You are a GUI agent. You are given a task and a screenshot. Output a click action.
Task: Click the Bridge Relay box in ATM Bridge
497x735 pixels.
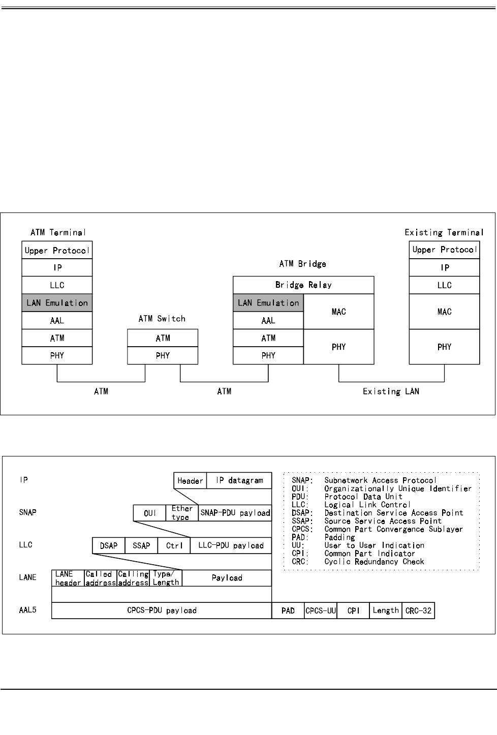click(x=303, y=285)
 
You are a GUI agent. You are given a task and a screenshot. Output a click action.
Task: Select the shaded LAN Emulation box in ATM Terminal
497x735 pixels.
click(x=57, y=302)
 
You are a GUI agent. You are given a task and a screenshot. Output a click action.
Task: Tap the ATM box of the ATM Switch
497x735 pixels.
click(x=163, y=338)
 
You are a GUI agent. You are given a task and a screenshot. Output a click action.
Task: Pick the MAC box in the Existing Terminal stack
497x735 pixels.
click(x=444, y=312)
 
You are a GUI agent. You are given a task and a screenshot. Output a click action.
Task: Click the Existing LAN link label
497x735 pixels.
click(x=391, y=391)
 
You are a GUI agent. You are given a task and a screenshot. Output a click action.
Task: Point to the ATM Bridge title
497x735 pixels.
click(x=302, y=264)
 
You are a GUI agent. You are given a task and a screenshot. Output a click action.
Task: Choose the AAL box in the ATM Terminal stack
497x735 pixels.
click(x=57, y=320)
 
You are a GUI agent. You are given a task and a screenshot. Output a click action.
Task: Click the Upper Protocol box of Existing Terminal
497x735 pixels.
click(x=444, y=250)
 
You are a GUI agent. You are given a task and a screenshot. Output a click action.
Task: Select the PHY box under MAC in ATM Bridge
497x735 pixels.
click(x=338, y=347)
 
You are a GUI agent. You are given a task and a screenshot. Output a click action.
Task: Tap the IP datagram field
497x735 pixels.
click(x=239, y=480)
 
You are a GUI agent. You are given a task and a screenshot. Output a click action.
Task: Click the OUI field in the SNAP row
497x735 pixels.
click(x=149, y=513)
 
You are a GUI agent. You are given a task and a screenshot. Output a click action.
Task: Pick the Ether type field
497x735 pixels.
click(x=182, y=513)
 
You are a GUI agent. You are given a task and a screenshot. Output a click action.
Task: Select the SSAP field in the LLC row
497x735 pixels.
click(x=141, y=545)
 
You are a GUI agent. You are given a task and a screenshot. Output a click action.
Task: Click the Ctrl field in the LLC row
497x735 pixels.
click(x=174, y=545)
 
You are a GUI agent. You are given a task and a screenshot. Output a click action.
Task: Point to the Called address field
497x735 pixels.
click(x=101, y=578)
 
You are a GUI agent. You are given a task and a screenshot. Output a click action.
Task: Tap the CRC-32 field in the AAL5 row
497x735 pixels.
click(x=418, y=610)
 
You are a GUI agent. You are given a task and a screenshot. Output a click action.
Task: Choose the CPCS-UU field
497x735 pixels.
click(x=321, y=610)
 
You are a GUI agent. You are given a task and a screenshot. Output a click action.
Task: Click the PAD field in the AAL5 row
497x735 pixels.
click(x=288, y=610)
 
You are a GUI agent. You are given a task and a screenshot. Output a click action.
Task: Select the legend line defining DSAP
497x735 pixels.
click(x=377, y=513)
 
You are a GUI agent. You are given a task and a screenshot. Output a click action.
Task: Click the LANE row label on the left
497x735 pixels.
click(x=27, y=577)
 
